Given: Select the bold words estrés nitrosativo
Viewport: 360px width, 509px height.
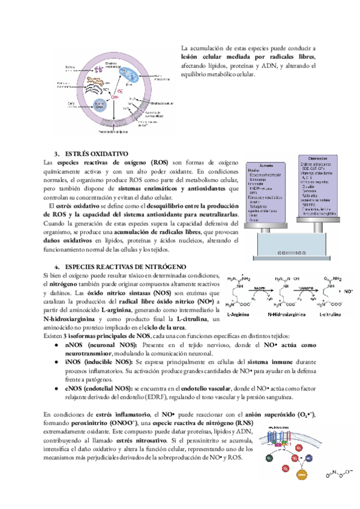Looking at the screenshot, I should (x=136, y=440).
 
